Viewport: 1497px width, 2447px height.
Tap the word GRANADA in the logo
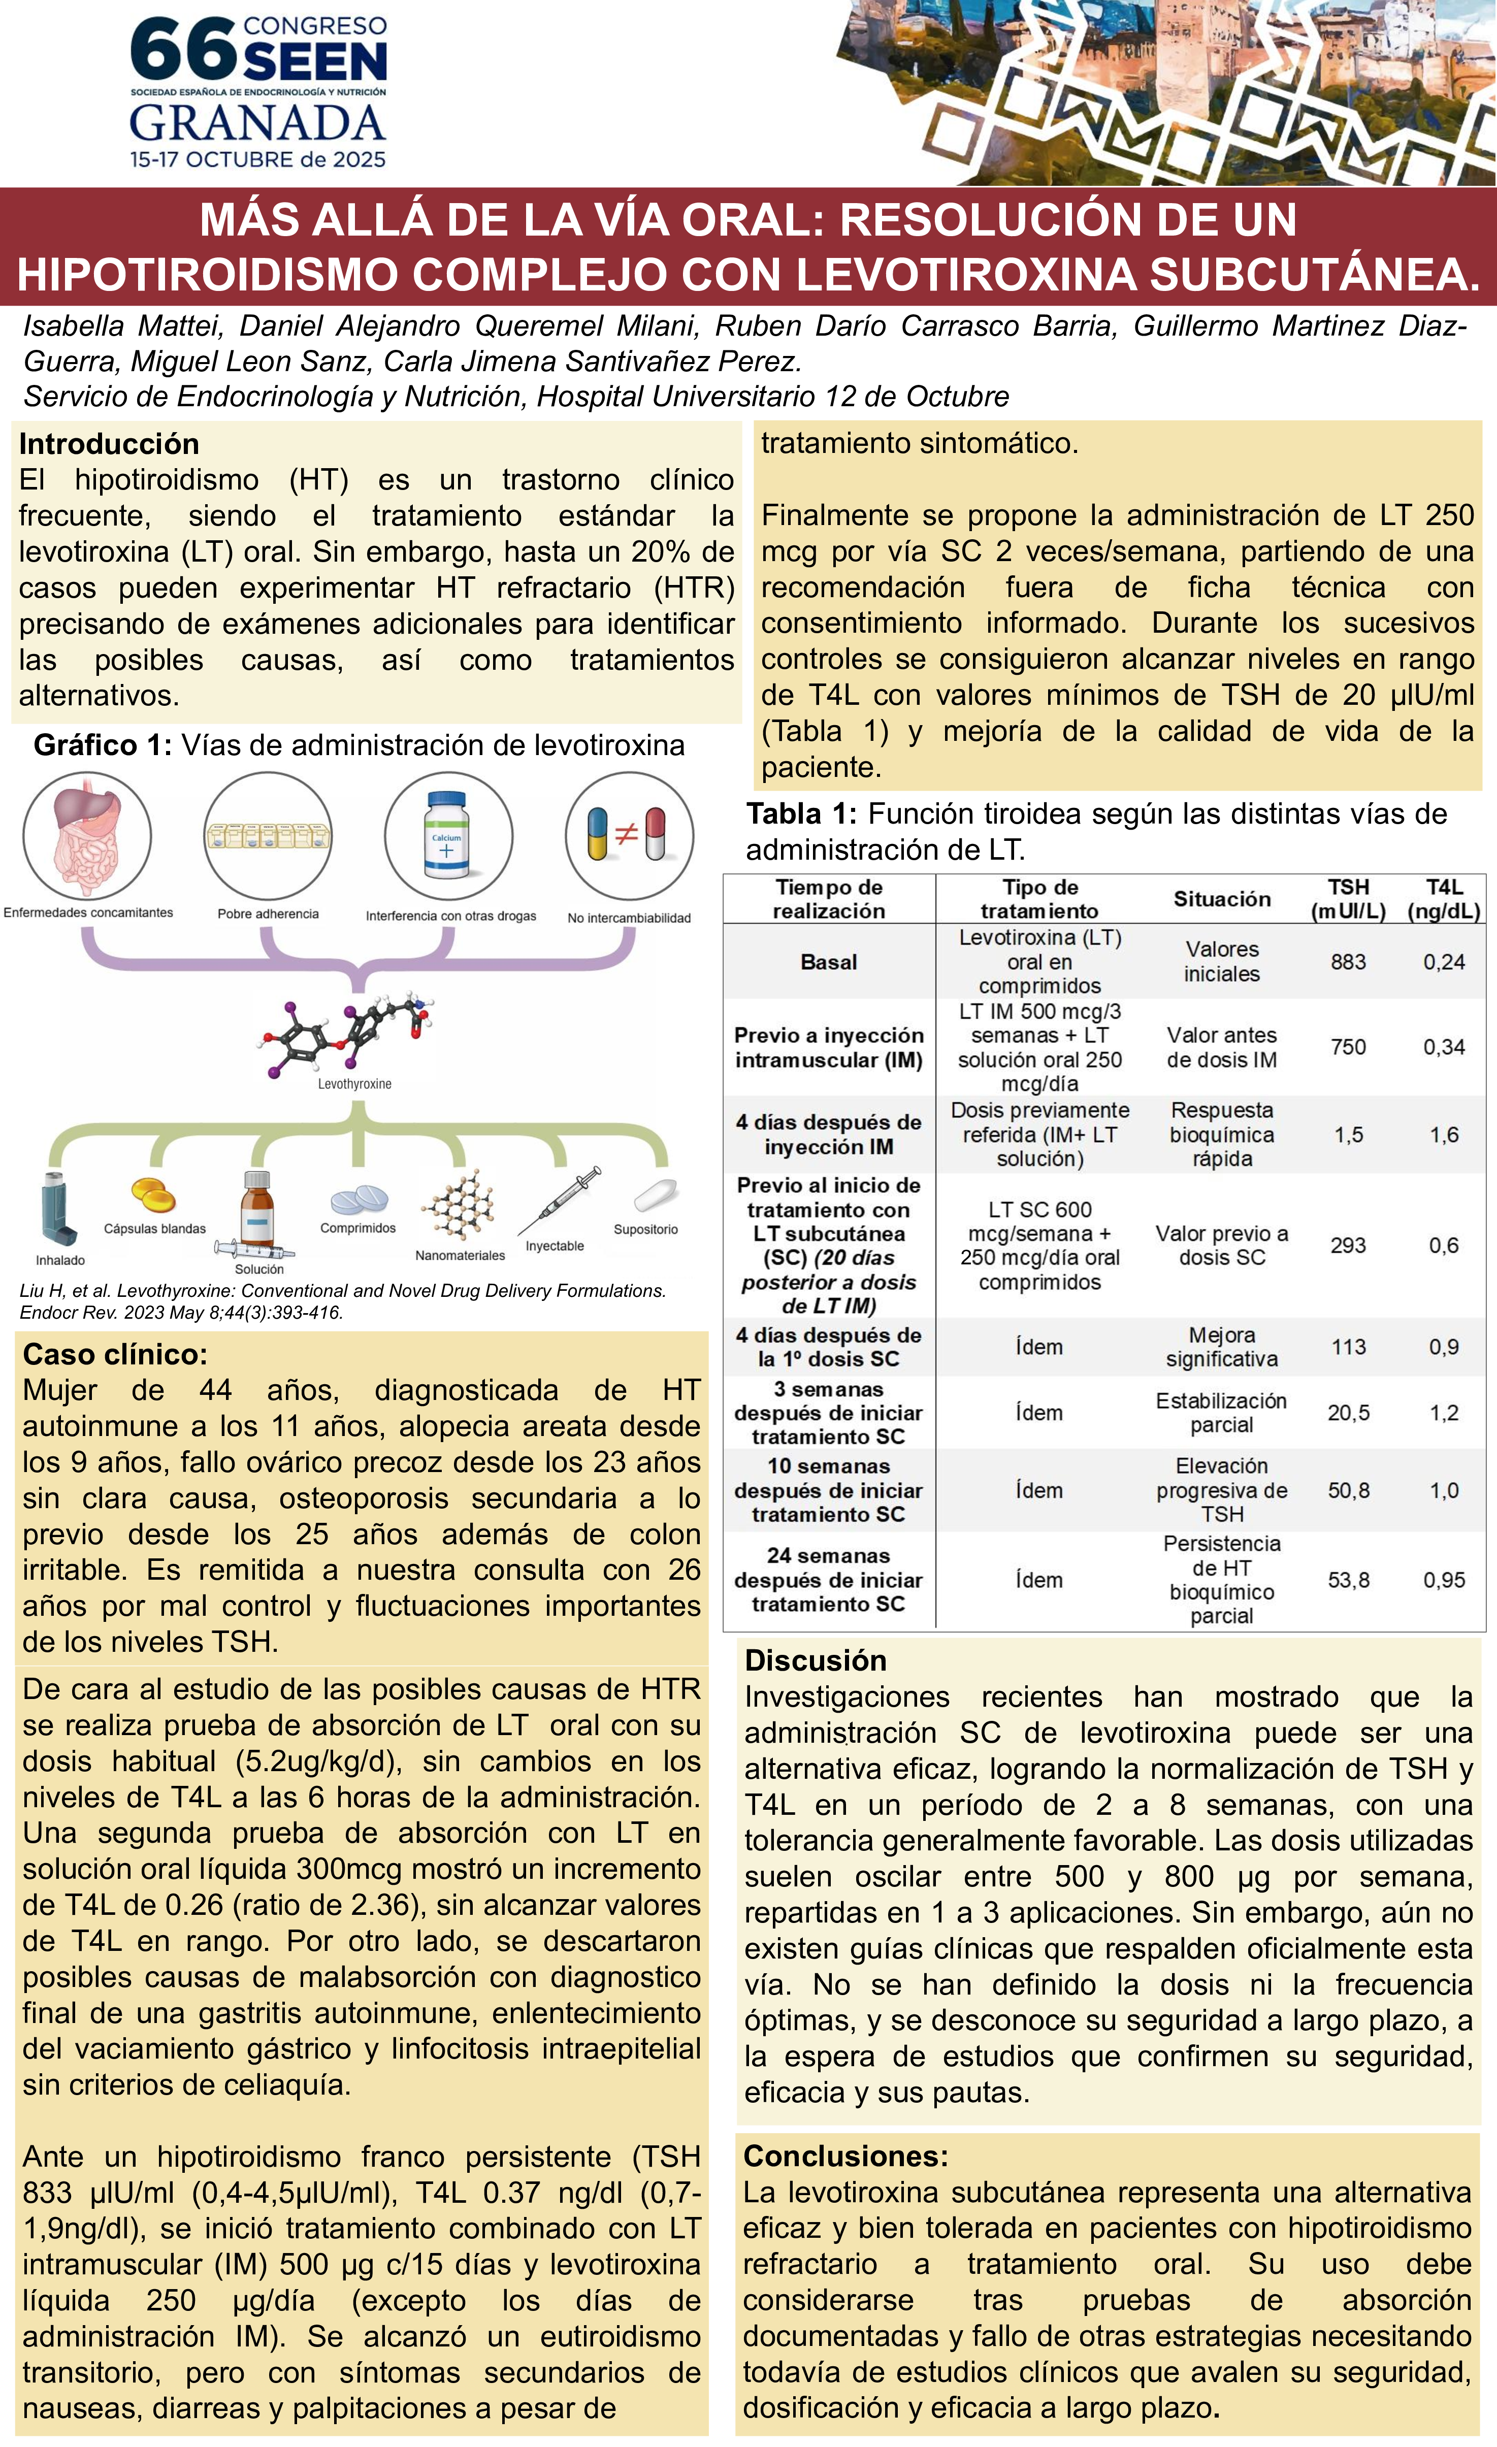[257, 123]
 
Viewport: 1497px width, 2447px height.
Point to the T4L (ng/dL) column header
[1443, 899]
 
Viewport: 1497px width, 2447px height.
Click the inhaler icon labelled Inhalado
[57, 1210]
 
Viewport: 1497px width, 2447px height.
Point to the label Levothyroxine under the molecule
[354, 1084]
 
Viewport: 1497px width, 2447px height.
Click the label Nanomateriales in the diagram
[460, 1255]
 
